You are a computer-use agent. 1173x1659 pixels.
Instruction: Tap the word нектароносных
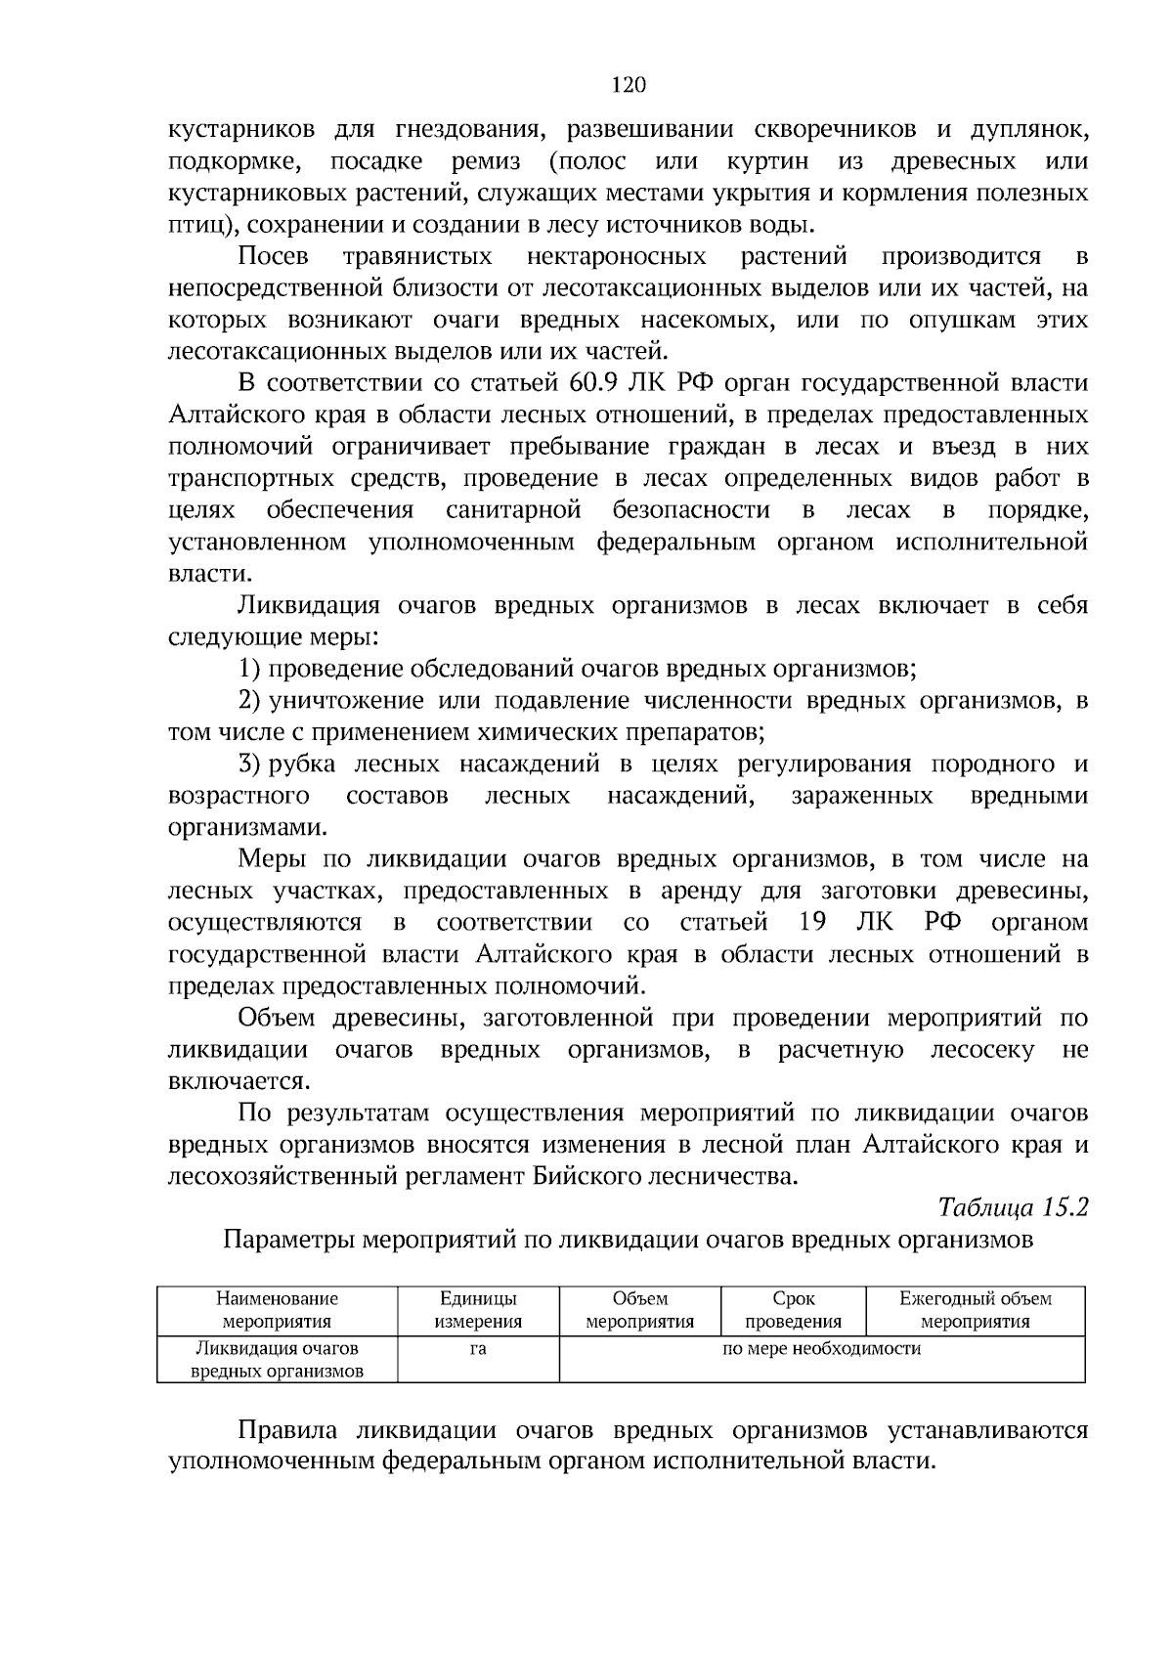(616, 257)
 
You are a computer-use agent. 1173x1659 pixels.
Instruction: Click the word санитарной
(513, 510)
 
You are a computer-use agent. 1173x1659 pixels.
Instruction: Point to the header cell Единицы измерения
(478, 1310)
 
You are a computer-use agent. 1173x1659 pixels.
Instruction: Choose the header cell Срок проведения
(793, 1310)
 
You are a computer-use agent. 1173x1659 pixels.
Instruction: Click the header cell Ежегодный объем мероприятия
(975, 1310)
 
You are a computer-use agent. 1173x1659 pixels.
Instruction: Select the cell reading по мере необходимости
(821, 1349)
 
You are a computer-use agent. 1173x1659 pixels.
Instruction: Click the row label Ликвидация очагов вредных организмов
(277, 1359)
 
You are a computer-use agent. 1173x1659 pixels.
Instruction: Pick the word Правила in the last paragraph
(288, 1431)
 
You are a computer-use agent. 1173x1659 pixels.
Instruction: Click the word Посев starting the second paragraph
(274, 257)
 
